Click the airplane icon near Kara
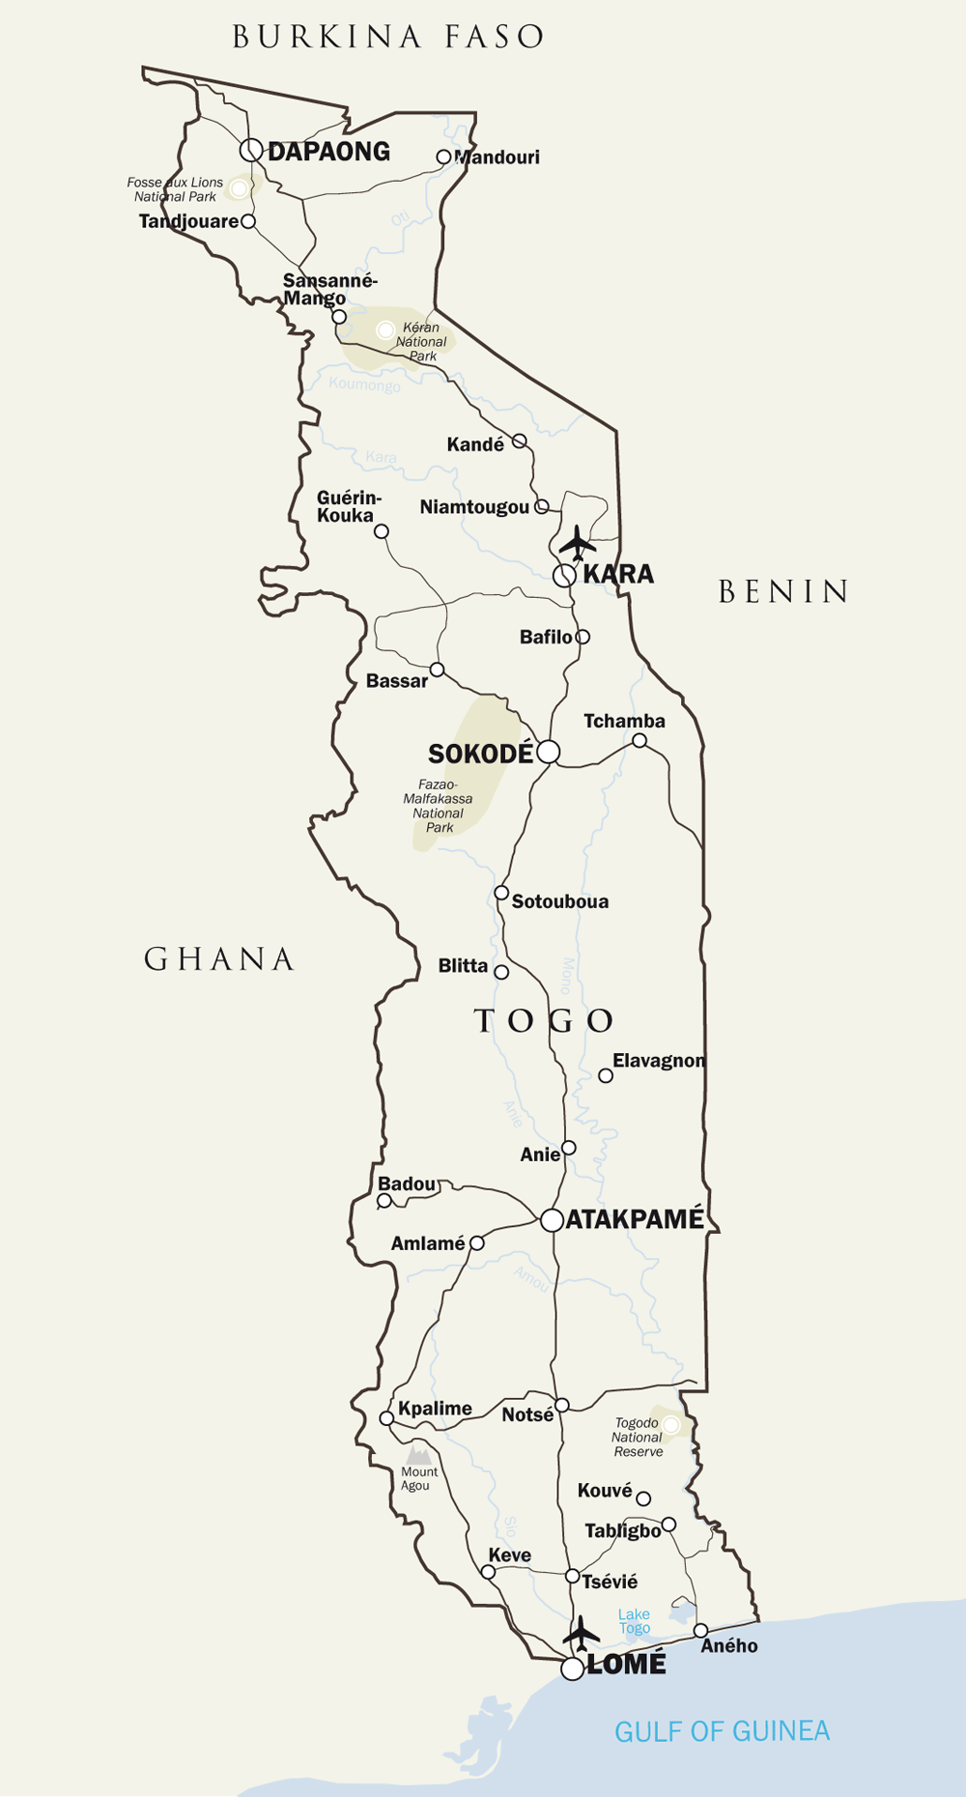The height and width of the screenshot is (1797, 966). point(578,543)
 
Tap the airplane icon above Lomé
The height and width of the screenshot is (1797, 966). point(582,1635)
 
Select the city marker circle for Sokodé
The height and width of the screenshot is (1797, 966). point(549,752)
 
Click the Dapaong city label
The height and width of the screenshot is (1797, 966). point(328,152)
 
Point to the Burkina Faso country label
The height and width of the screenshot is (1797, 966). point(388,37)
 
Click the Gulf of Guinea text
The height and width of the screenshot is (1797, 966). point(722,1731)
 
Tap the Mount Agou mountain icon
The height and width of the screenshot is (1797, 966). point(418,1453)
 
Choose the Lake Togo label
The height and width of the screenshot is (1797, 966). point(634,1621)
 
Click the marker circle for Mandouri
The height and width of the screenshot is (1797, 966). point(443,157)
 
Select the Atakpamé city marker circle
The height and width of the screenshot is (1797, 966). point(552,1220)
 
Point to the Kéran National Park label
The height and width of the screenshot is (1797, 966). point(421,342)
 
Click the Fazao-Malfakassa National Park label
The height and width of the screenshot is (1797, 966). point(439,806)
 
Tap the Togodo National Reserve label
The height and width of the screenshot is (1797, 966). point(638,1438)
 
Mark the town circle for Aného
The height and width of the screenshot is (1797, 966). point(700,1631)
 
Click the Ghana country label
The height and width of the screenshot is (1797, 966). point(219,959)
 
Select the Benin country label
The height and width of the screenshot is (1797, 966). point(783,591)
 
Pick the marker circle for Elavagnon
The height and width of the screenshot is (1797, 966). point(606,1075)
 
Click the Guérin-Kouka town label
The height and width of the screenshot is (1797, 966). point(348,506)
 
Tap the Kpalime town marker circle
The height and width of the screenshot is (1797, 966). point(386,1418)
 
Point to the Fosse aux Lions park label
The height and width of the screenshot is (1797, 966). point(175,189)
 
